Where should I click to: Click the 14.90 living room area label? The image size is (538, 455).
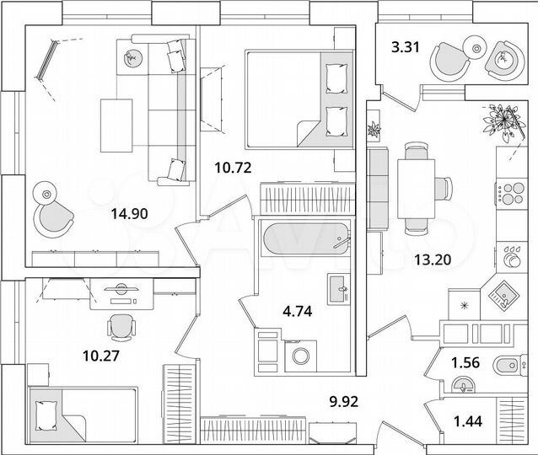129,214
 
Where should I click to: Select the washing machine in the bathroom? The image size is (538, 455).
299,355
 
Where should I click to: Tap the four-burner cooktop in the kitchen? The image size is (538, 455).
508,193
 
